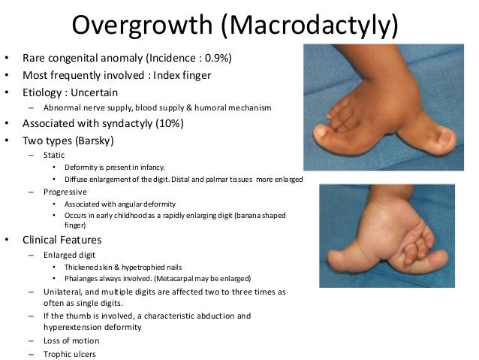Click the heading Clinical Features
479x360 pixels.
coord(62,241)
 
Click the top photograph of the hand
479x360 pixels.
coord(387,107)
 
